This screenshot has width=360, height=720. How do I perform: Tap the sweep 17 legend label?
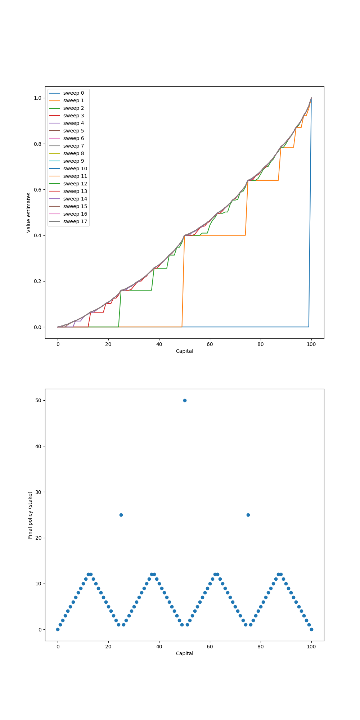tap(75, 221)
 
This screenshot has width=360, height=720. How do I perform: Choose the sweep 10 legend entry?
tap(75, 168)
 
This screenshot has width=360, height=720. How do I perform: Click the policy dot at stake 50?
tap(185, 400)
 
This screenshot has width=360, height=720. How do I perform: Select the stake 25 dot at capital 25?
tap(121, 515)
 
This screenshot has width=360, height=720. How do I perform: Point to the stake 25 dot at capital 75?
tap(248, 515)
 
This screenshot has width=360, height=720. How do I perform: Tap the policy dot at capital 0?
tap(58, 629)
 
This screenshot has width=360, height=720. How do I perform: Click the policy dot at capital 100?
tap(311, 629)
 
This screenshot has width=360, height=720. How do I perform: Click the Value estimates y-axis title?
tap(29, 212)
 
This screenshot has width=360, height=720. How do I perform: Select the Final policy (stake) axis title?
tap(30, 515)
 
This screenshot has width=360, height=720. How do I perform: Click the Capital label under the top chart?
tap(184, 351)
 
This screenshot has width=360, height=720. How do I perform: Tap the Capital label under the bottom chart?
tap(184, 653)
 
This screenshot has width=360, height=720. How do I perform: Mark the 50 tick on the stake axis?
tap(38, 400)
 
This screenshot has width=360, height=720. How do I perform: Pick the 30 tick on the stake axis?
tap(38, 492)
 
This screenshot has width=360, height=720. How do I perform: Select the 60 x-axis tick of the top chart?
tap(210, 344)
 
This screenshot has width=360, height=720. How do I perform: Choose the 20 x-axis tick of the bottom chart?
tap(108, 647)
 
